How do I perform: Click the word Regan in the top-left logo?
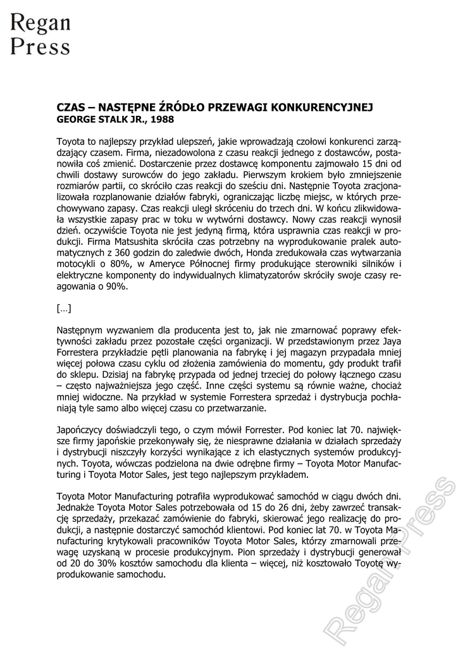pos(40,23)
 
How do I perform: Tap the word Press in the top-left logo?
pos(40,46)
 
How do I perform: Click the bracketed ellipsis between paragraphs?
pos(64,309)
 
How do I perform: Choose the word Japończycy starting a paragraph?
pos(82,428)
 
